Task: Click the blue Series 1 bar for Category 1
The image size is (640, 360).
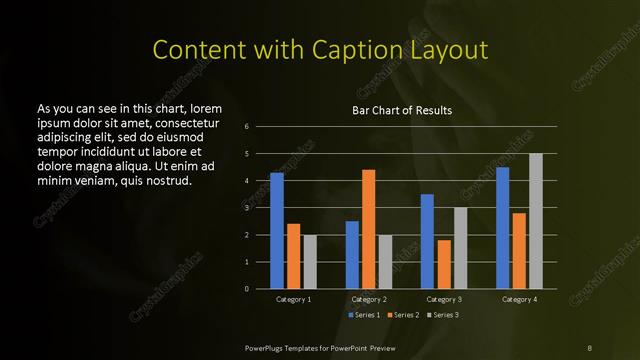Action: (277, 231)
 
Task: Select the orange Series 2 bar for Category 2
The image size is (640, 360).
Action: (368, 229)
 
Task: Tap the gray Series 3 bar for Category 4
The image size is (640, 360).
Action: (535, 221)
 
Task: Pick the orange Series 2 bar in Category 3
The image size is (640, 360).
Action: (444, 264)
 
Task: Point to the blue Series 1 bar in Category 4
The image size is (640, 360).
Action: (502, 228)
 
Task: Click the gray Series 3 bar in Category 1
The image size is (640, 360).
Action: (310, 262)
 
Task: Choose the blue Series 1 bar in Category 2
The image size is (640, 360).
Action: (352, 255)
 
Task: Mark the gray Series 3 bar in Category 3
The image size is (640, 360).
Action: (460, 248)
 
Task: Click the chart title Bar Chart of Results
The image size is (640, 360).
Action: (402, 110)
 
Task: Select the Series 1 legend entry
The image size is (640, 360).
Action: (364, 314)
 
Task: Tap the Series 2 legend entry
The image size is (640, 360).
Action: (402, 314)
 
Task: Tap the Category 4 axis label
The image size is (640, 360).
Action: (519, 299)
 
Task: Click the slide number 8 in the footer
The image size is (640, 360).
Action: (589, 347)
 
